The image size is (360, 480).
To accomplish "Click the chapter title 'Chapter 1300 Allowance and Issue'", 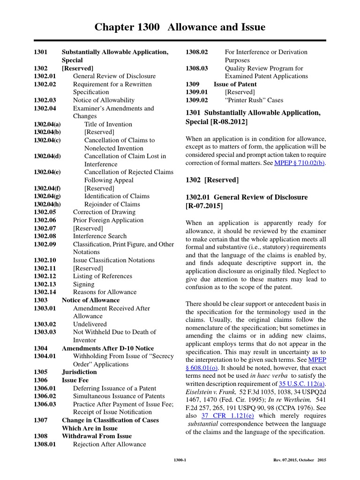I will [x=180, y=27].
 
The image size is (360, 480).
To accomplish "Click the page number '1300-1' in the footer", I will [x=180, y=460].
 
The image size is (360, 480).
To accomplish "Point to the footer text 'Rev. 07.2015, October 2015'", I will [x=299, y=460].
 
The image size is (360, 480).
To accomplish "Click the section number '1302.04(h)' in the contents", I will [x=47, y=204].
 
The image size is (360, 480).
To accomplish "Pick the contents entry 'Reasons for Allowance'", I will [x=105, y=292].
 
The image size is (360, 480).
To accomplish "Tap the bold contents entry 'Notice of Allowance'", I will [x=90, y=300].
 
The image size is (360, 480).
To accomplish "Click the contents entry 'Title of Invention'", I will [x=108, y=124].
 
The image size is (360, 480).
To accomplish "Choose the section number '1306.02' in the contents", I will [x=45, y=396].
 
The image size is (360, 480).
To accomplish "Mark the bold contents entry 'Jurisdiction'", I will [x=79, y=372].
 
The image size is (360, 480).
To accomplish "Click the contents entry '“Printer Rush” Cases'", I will [x=254, y=100].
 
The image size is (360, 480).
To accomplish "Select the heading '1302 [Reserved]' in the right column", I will [x=212, y=180].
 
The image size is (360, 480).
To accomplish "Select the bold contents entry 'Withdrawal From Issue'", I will [x=97, y=436].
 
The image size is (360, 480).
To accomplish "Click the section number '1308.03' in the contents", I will [x=197, y=68].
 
